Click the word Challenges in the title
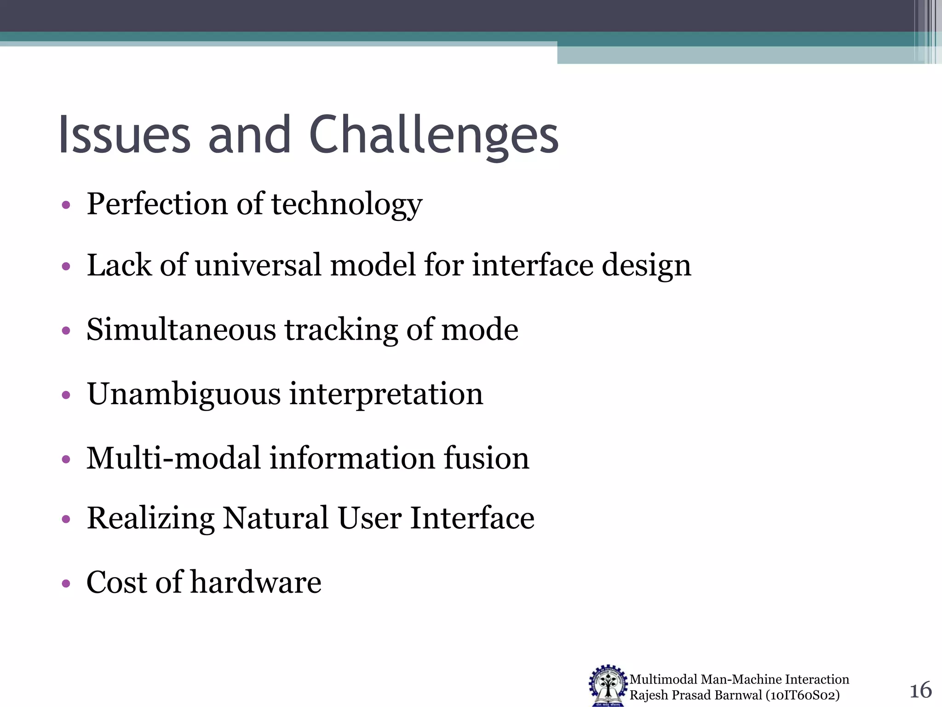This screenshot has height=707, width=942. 433,136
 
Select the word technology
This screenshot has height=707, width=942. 347,205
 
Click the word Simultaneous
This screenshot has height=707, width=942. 181,330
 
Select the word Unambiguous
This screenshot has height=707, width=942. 184,395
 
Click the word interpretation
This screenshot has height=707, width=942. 386,395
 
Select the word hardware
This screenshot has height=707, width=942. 256,583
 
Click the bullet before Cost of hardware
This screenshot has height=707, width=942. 66,584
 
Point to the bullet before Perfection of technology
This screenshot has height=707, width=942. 66,205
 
